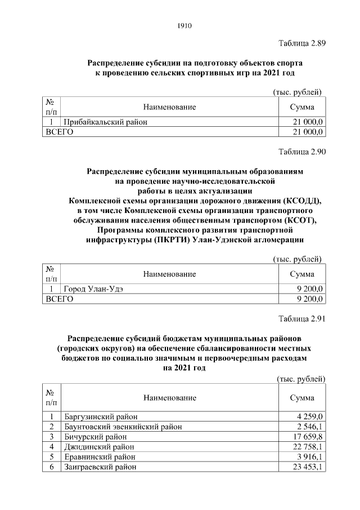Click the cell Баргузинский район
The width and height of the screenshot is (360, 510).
tap(101, 417)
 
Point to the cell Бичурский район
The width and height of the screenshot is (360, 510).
tap(95, 436)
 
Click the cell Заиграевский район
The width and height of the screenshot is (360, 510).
tap(100, 466)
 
